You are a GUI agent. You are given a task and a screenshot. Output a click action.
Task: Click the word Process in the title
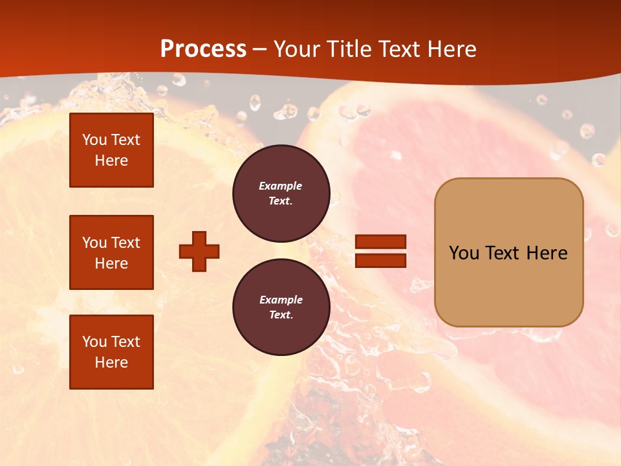point(203,49)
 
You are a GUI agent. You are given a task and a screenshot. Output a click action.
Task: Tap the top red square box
point(111,150)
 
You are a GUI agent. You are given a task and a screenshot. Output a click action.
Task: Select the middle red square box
point(111,252)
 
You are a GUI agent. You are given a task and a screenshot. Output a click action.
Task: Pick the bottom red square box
point(111,352)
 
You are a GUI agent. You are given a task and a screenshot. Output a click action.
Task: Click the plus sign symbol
point(199,251)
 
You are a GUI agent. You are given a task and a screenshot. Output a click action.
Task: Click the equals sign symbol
point(380,251)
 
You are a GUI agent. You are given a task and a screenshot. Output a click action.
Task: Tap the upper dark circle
point(281,194)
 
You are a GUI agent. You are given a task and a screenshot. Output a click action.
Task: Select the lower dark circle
point(281,307)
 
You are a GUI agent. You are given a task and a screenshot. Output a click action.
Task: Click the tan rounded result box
point(508,252)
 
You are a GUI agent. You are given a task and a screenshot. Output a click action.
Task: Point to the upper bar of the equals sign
point(380,242)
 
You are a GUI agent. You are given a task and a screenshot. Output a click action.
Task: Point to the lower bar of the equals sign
point(380,260)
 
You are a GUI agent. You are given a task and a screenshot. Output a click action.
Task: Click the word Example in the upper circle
point(280,186)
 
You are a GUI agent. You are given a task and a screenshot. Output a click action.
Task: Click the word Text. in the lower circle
point(280,315)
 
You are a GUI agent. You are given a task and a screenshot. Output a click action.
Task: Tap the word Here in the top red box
point(111,161)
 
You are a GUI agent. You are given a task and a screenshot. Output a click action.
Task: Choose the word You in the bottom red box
point(94,342)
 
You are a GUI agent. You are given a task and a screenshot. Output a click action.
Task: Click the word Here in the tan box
point(547,253)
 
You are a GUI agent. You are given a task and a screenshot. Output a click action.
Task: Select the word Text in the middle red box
point(125,243)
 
